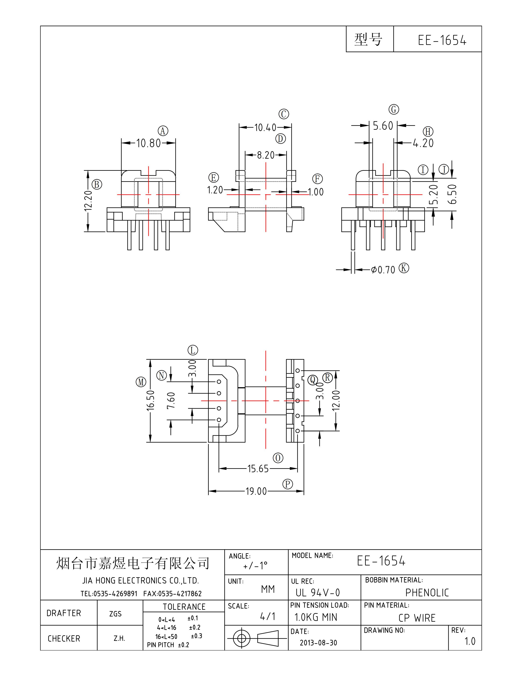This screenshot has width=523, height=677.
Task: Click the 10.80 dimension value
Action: coord(148,143)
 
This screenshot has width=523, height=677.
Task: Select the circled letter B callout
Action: coord(97,184)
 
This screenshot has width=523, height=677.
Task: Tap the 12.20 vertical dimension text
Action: coord(88,201)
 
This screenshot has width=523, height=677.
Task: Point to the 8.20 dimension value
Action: coord(266,155)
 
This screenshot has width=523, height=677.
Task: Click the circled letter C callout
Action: coord(284,114)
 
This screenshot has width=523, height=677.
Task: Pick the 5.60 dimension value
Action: coord(383,126)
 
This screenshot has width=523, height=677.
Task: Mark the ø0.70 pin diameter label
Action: coord(383,270)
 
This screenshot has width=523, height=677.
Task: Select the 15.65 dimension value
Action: coord(258,469)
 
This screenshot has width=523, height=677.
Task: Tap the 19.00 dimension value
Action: coord(256,491)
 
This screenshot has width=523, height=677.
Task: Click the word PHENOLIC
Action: coord(427,593)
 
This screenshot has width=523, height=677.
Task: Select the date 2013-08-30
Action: coord(318,643)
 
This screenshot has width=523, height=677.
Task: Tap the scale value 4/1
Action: coord(267,616)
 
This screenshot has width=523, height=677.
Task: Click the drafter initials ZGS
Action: coord(115,614)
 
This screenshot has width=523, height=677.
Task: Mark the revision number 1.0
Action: coord(470,641)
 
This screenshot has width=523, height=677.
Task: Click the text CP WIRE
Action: coord(417,618)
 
